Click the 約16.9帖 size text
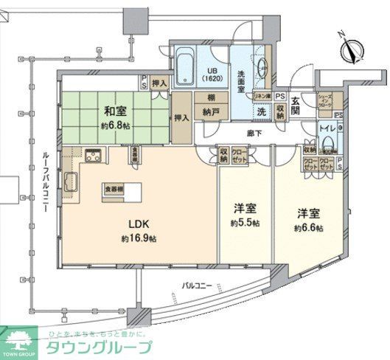coord(140,239)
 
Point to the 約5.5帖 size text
coord(245,222)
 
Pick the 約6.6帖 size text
coord(308,227)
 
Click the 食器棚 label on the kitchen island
coord(114,187)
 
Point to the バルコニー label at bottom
coord(198,283)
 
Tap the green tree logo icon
coord(19,342)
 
